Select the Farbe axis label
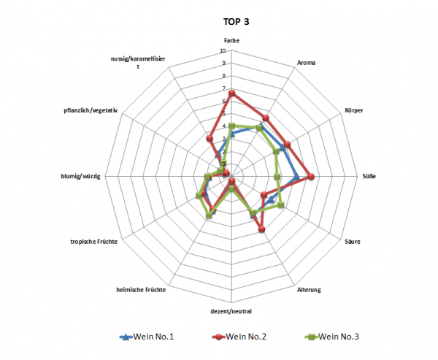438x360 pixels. coord(231,42)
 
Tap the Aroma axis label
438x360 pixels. coord(306,63)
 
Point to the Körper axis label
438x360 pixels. coord(354,110)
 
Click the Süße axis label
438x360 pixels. coord(370,176)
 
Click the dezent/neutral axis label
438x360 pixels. coord(231,311)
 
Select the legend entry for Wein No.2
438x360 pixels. coord(239,337)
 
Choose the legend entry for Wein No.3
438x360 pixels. coord(333,337)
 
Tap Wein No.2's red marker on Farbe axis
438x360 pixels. coord(231,93)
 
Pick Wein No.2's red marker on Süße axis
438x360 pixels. coord(310,176)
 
